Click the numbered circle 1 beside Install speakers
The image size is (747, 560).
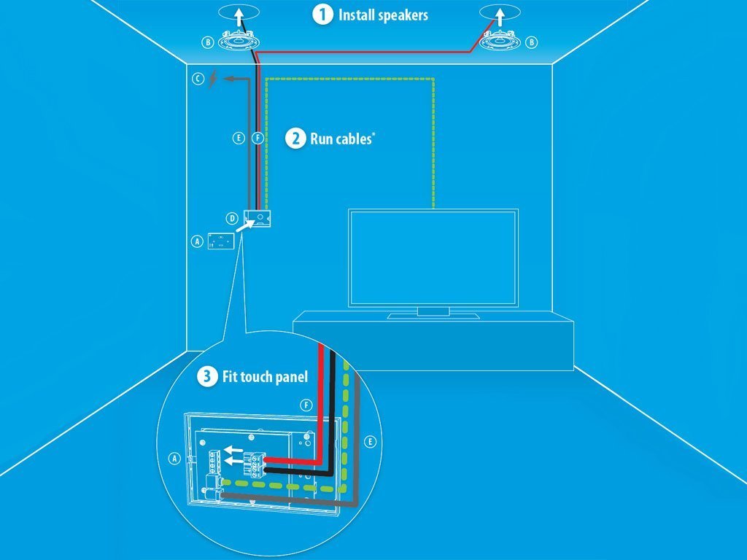(322, 15)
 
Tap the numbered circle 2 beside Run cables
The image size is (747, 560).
(295, 138)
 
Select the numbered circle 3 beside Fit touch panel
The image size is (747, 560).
(208, 377)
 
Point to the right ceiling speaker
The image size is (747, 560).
(500, 42)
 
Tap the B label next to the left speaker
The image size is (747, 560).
(209, 43)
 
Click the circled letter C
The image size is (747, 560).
(198, 78)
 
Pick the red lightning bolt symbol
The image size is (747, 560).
(212, 78)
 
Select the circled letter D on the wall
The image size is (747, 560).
(231, 218)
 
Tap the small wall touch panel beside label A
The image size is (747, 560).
(220, 241)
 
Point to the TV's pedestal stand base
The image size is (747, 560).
(433, 316)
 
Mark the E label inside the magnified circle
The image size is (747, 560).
(370, 442)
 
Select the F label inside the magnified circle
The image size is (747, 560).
(306, 404)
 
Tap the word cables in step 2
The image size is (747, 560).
(352, 139)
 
